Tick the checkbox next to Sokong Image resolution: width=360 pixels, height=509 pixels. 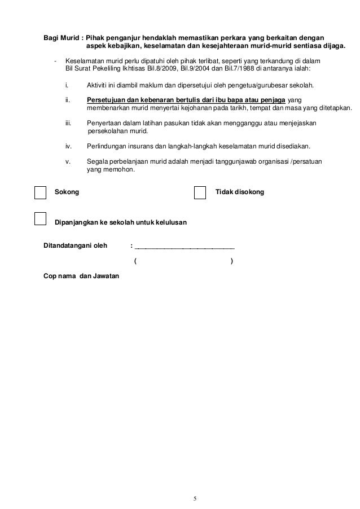coord(40,192)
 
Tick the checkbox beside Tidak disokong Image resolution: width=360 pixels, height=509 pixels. coord(200,192)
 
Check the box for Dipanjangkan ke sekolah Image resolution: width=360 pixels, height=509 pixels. coord(40,218)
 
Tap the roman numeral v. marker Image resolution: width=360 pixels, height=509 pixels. coord(68,162)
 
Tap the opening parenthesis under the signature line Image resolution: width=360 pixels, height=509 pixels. coord(135,261)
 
